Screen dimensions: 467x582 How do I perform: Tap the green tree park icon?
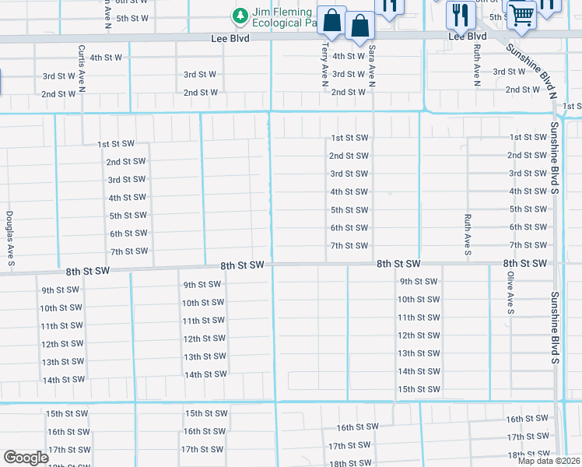pyautogui.click(x=240, y=16)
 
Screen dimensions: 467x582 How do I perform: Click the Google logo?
pyautogui.click(x=26, y=457)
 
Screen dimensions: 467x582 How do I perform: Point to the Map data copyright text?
pyautogui.click(x=549, y=461)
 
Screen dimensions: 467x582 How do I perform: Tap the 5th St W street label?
pyautogui.click(x=132, y=18)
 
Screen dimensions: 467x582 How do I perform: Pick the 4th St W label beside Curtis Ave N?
pyautogui.click(x=106, y=58)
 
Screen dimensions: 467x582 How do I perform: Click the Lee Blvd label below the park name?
pyautogui.click(x=230, y=37)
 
